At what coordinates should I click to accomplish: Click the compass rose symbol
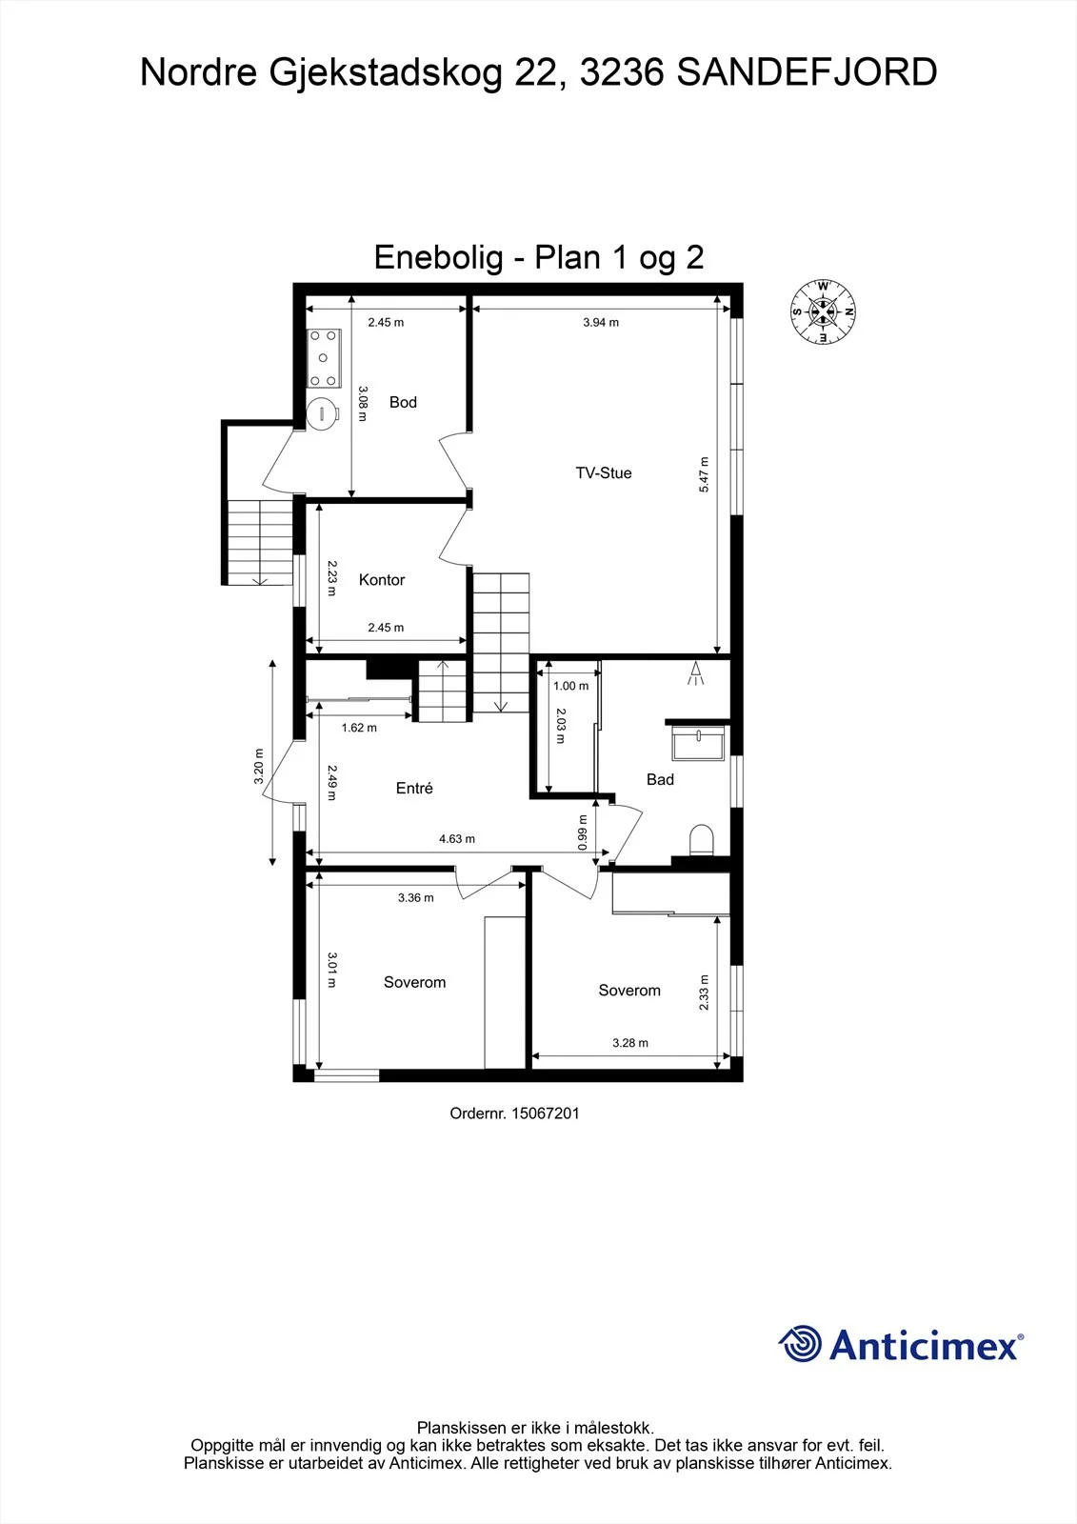(x=823, y=311)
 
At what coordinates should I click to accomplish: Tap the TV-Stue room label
(x=604, y=472)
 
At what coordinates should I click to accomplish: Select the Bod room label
(x=403, y=402)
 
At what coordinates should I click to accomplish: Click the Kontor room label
(x=382, y=580)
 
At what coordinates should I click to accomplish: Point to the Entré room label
(x=414, y=788)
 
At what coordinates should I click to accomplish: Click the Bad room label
(x=660, y=780)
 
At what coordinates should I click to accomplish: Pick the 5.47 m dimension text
(x=704, y=474)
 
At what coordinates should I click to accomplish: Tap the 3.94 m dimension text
(x=601, y=323)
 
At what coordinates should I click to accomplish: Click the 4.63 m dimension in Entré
(x=457, y=839)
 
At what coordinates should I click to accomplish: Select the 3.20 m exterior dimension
(x=259, y=766)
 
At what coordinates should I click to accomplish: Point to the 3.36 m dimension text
(x=416, y=898)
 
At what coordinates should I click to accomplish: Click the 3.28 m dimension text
(x=630, y=1043)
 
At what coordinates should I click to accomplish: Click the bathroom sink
(x=699, y=742)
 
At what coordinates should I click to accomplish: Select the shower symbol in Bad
(x=695, y=672)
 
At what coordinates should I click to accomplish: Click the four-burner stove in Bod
(x=323, y=358)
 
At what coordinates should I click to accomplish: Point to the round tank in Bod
(x=322, y=412)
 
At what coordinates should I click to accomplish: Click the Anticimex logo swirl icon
(x=800, y=1344)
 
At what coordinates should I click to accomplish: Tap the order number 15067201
(x=545, y=1113)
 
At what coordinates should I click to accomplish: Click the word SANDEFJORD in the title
(x=807, y=72)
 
